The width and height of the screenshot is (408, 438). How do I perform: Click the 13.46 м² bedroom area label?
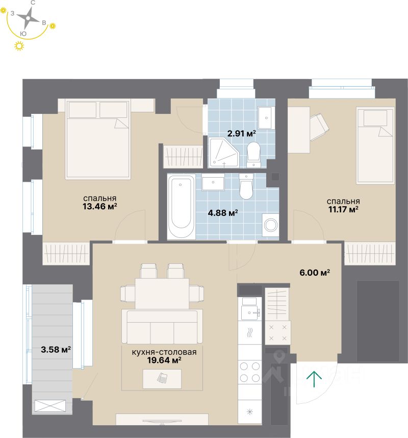pos(100,203)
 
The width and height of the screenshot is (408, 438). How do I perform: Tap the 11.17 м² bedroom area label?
pos(343,205)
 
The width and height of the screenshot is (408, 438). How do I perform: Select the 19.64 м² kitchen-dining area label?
pos(157,356)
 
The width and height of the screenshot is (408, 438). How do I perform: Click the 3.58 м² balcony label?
pos(56,350)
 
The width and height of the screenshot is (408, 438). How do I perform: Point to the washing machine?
pos(270,225)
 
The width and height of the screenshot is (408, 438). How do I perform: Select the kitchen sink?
pos(250,312)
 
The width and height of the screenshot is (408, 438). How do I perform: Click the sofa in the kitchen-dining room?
pos(162,326)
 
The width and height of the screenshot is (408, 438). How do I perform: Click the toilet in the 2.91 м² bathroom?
pos(253,153)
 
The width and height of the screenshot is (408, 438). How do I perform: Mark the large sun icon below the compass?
pos(19,46)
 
